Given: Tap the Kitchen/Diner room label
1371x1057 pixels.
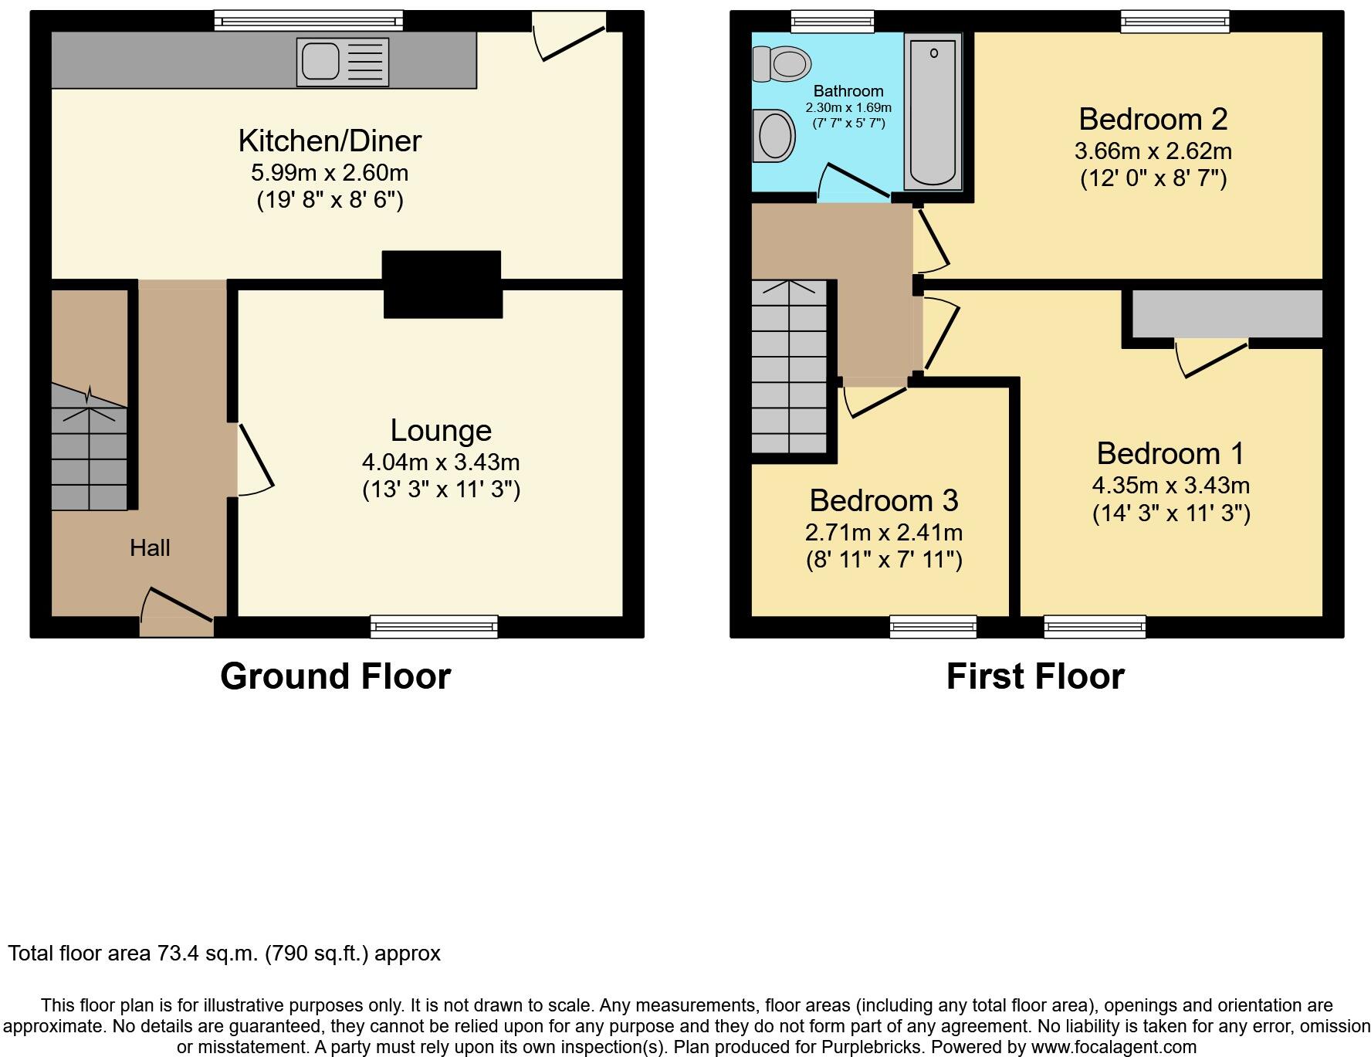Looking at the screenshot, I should tap(330, 141).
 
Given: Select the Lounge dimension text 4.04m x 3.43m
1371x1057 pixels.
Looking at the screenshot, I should tap(441, 462).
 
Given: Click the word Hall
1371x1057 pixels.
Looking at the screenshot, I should tap(150, 548).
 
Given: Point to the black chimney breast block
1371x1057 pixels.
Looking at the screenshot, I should tap(442, 284).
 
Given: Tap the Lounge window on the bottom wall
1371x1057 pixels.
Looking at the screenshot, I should tap(434, 626).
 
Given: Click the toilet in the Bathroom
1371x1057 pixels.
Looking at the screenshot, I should tap(781, 63).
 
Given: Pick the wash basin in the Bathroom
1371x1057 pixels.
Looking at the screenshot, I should tap(774, 136).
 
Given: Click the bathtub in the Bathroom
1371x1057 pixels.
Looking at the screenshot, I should tap(933, 112).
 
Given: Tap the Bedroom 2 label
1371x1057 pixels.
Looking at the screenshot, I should tap(1153, 120).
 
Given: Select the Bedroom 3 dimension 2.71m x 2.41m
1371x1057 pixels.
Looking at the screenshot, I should tap(884, 533).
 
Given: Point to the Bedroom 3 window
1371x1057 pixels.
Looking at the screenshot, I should tap(933, 626).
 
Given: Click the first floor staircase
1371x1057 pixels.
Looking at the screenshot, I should tap(789, 367).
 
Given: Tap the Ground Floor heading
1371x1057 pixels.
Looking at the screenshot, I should tap(335, 676).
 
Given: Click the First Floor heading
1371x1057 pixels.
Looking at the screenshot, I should tap(1035, 676).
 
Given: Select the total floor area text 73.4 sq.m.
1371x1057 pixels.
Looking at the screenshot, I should tap(224, 954).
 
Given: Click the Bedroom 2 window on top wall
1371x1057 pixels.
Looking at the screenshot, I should tap(1175, 22).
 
